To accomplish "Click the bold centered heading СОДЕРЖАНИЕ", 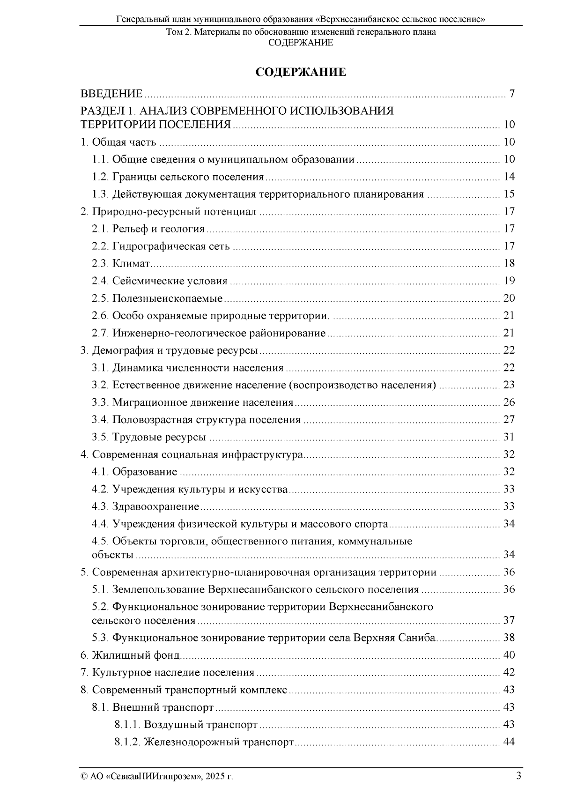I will coord(301,72).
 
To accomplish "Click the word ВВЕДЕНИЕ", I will coord(111,94).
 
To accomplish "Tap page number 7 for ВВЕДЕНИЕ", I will coord(512,94).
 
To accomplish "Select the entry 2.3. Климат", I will coord(121,264).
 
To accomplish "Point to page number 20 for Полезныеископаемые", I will coord(509,298).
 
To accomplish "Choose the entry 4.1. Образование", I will coord(134,472).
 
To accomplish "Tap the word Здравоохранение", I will coord(156,506).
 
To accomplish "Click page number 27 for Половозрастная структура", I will coord(509,420).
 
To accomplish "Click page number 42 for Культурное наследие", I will coord(509,673).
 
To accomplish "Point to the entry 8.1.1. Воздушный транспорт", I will coord(186,725).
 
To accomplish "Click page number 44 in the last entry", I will coord(509,742).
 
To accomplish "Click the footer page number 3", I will coord(518,776).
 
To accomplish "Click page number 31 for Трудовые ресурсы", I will coord(509,437).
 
